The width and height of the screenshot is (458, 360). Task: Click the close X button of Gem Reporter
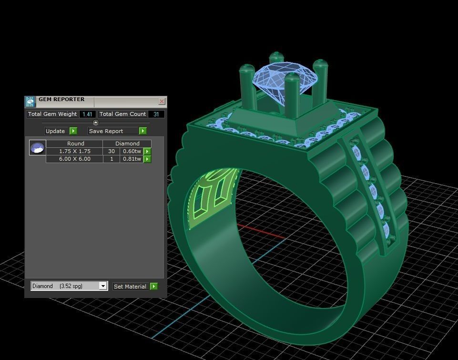tap(162, 102)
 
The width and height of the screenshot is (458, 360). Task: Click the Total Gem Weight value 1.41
tap(87, 114)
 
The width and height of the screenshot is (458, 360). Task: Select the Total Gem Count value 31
tap(156, 114)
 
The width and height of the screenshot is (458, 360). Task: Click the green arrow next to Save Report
tap(142, 131)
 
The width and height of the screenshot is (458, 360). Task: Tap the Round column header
tap(75, 143)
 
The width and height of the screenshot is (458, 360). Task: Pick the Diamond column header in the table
tap(127, 143)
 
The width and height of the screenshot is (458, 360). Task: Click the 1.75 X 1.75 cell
tap(74, 151)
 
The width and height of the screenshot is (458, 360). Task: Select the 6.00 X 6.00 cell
tap(74, 159)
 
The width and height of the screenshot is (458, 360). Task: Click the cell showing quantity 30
tap(111, 151)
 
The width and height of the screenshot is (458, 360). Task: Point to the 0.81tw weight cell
tap(132, 159)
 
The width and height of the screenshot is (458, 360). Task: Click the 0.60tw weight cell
tap(132, 151)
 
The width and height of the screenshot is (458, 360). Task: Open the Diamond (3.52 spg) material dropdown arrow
tap(103, 286)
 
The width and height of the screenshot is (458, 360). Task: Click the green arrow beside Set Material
tap(153, 286)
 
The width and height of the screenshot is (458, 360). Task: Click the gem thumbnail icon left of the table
tap(37, 147)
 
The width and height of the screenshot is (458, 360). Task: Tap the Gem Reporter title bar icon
tap(30, 102)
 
